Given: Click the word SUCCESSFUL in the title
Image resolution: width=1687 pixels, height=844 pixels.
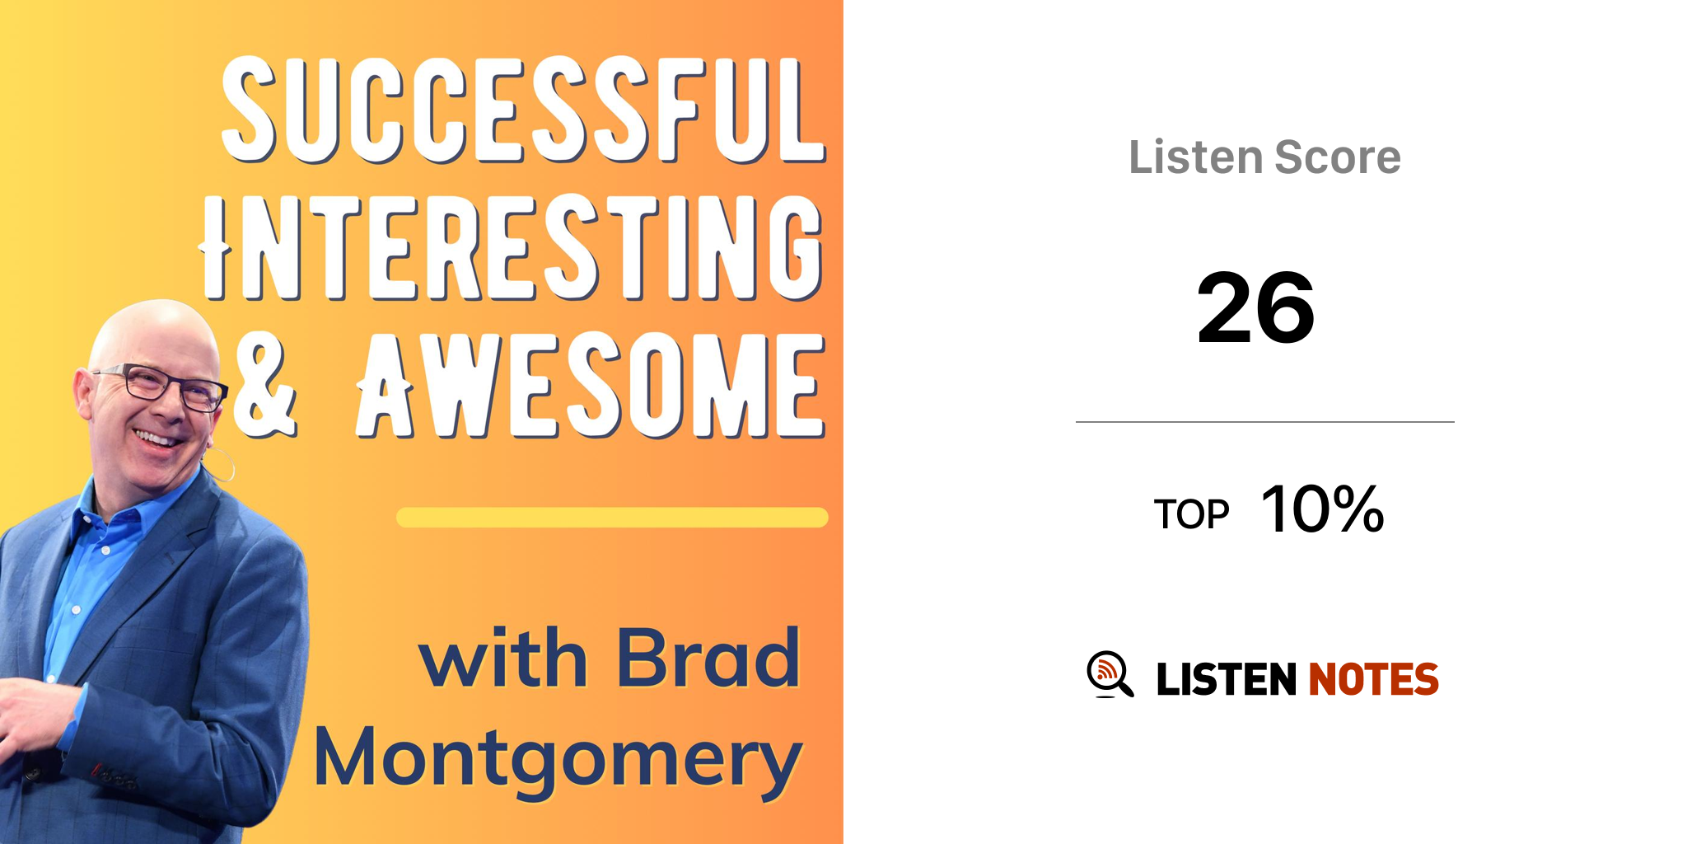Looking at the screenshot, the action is click(x=524, y=110).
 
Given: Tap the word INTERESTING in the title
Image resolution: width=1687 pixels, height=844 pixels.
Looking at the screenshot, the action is click(x=512, y=247).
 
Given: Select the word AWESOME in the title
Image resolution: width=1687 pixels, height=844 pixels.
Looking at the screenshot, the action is click(x=591, y=385).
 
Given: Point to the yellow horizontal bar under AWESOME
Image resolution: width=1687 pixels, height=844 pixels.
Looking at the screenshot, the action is click(x=612, y=518).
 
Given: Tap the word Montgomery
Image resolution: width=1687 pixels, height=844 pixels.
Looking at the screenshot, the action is click(x=558, y=760).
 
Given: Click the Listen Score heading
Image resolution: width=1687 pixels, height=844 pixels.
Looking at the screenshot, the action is click(x=1264, y=157).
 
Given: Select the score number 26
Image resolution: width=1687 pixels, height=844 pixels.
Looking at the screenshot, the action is click(x=1255, y=308).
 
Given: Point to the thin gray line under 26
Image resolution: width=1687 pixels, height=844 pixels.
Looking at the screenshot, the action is click(x=1265, y=422).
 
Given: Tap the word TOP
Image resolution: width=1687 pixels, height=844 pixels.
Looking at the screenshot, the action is click(x=1191, y=514).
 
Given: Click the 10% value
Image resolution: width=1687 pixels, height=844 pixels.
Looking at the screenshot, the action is click(x=1323, y=509).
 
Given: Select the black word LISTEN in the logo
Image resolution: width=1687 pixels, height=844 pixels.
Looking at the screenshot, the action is click(x=1227, y=679).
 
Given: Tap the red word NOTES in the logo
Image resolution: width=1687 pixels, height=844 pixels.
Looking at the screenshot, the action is click(x=1373, y=679).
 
